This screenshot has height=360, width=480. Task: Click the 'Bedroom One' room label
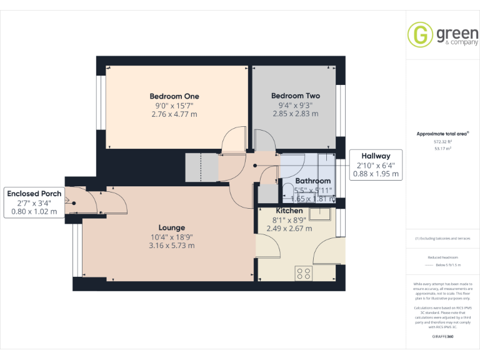click(174, 96)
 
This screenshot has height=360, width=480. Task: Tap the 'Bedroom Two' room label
click(295, 96)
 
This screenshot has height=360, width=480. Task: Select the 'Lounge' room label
click(171, 227)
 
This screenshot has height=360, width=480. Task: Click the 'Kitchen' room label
click(289, 211)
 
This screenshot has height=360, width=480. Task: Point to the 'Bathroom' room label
click(312, 181)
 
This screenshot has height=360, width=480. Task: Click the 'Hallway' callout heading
click(374, 156)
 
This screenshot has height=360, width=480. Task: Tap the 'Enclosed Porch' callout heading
click(34, 194)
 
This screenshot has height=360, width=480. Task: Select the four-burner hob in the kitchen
click(304, 272)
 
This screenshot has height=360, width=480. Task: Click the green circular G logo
click(419, 34)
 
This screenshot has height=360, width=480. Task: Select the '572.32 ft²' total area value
click(442, 142)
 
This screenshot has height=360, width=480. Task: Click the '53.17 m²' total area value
click(442, 149)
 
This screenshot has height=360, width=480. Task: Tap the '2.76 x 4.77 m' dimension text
click(174, 114)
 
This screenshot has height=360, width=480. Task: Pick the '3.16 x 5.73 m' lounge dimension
click(171, 246)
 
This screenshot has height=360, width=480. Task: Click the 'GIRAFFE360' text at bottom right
click(442, 337)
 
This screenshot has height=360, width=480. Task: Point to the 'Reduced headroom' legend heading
click(442, 257)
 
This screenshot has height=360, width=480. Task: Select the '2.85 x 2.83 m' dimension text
click(295, 114)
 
